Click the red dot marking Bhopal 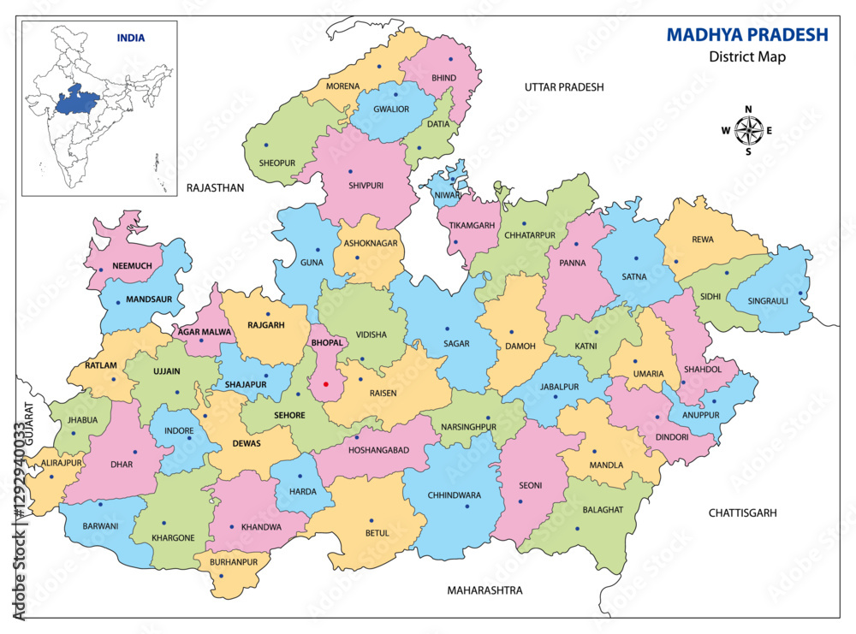pos(325,384)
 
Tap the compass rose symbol pos(748,131)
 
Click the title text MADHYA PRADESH pos(747,35)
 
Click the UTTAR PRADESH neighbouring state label pos(564,87)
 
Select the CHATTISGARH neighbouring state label pos(742,513)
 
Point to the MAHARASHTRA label pos(484,590)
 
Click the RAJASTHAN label pos(215,187)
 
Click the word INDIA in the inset pos(131,38)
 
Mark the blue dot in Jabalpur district pos(556,396)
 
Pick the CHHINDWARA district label pos(454,495)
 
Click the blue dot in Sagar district pos(447,329)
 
